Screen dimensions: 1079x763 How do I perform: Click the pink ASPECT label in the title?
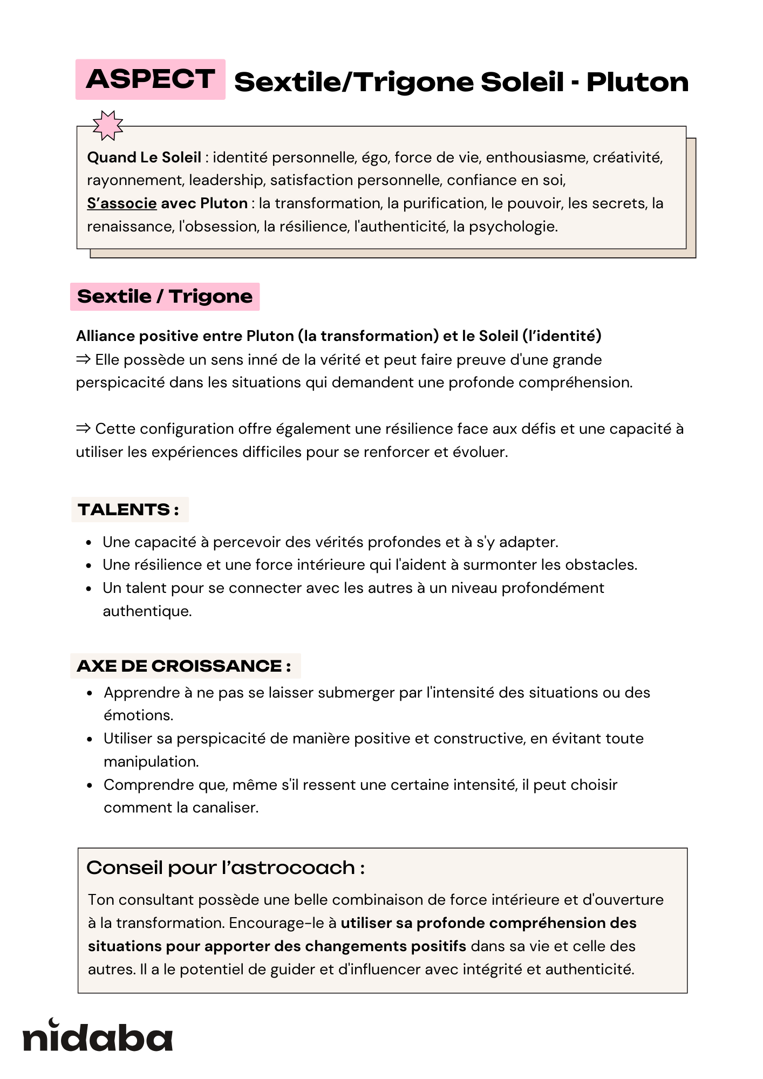point(150,79)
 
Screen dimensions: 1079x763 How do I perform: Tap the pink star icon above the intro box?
point(108,125)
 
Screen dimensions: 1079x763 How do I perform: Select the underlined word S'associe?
point(122,203)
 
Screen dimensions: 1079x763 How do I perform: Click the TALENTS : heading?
point(129,510)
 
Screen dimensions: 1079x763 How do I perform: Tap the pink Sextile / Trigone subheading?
point(165,297)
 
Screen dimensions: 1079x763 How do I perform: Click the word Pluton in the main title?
point(637,82)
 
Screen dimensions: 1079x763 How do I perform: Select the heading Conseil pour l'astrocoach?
point(226,868)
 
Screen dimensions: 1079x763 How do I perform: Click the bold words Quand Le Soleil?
point(144,158)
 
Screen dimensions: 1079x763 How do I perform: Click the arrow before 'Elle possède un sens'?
point(83,359)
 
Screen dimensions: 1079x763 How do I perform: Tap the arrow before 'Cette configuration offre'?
point(83,428)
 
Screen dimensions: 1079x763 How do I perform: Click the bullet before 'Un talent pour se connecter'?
point(90,589)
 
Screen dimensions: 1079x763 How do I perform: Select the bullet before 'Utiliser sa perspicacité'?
point(90,739)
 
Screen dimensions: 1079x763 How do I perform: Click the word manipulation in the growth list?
point(151,762)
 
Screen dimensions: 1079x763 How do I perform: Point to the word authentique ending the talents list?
point(147,611)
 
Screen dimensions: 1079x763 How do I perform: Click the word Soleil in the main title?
point(522,82)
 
